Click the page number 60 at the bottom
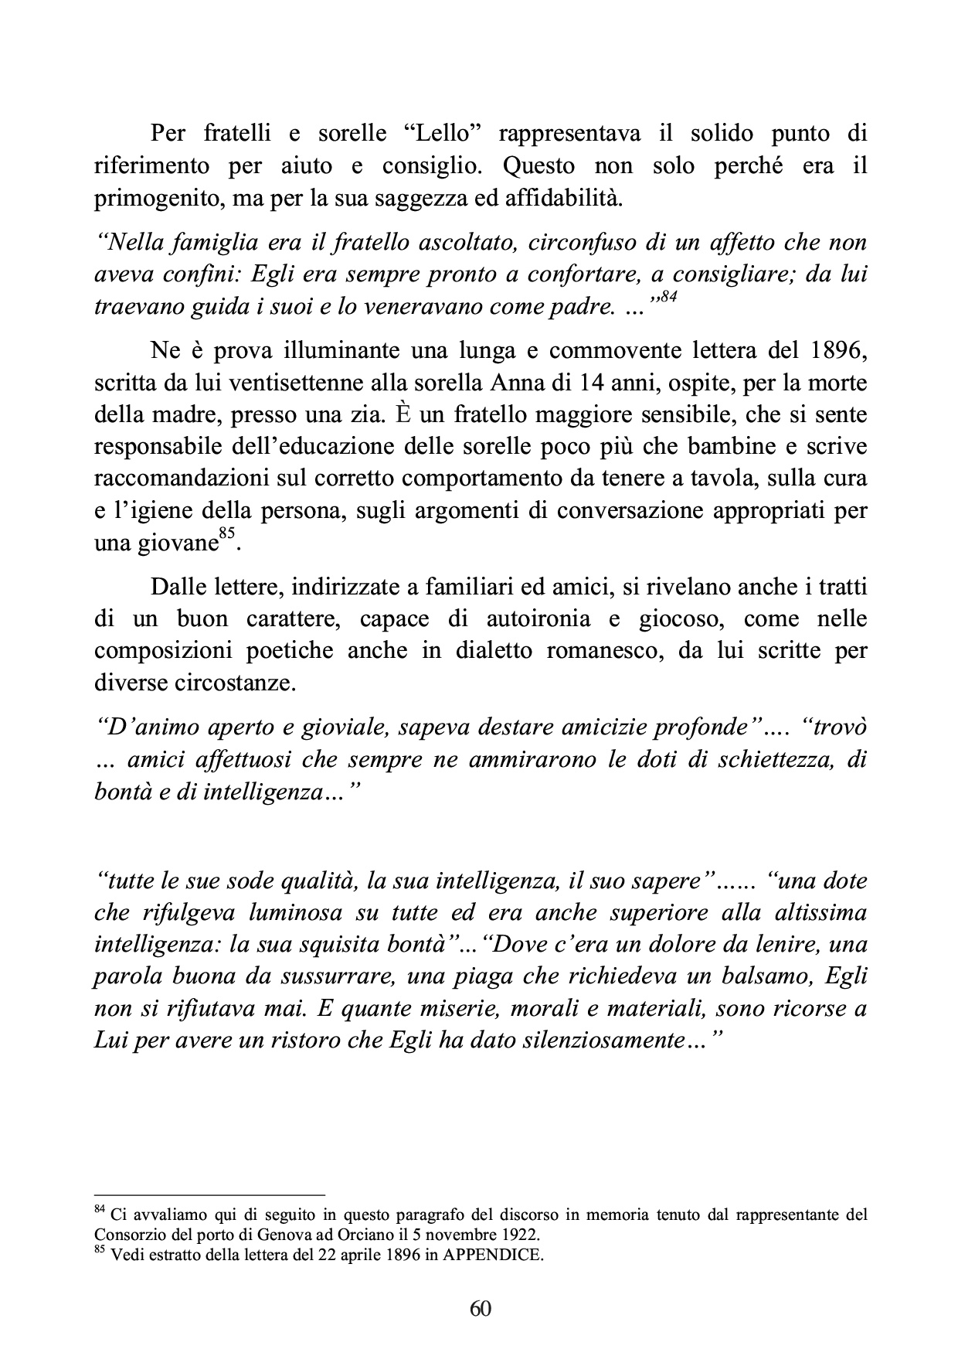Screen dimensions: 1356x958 click(480, 1308)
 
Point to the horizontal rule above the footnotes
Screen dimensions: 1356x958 click(209, 1194)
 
